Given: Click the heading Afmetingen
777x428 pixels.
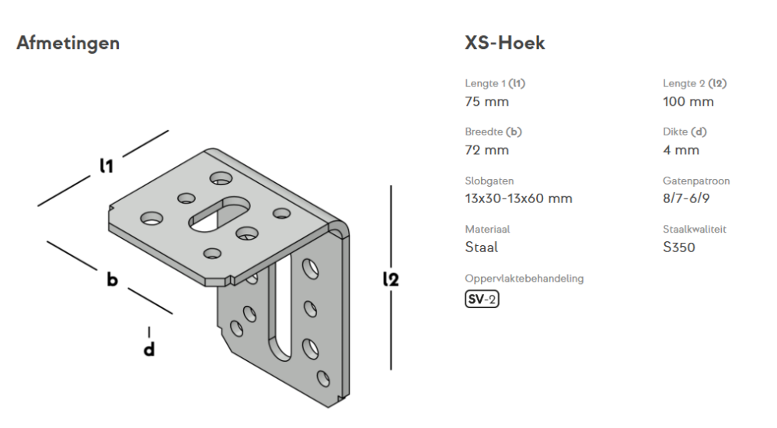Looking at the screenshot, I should (x=68, y=44).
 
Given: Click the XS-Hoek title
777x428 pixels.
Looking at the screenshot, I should (x=504, y=44).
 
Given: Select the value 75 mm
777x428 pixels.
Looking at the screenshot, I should (x=486, y=101).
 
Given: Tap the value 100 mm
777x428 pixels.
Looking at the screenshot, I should (x=688, y=101).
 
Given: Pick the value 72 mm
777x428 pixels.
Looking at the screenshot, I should (x=486, y=149).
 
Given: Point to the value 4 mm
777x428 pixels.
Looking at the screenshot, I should (x=681, y=149).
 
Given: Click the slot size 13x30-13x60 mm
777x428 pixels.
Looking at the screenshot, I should (x=518, y=198).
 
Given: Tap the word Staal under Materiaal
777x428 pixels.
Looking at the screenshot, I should (x=481, y=247).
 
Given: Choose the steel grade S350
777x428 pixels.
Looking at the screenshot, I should (x=679, y=247).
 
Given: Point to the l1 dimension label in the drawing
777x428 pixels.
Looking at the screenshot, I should (x=106, y=166).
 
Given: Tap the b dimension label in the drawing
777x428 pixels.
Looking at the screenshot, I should (x=113, y=279).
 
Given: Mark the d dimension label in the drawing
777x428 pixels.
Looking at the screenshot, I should (x=148, y=349).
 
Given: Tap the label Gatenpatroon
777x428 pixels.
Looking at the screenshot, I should (x=696, y=181).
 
